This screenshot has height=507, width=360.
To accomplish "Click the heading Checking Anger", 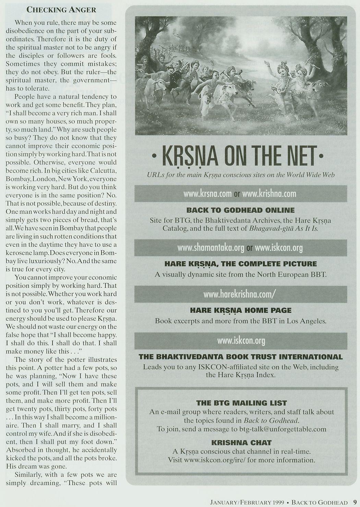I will coord(61,10).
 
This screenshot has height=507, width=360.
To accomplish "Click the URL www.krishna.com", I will coord(269,194).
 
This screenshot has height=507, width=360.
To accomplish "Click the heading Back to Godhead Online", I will coord(241,210).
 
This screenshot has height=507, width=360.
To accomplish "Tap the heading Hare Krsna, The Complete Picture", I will coord(241,264).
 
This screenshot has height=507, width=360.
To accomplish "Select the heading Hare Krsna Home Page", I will coord(241,310).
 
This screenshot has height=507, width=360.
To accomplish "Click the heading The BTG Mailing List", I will coord(241,403).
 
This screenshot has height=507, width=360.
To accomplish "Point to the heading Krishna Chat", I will coord(241,443).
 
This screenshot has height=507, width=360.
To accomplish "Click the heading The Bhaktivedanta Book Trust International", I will coord(241,357).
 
